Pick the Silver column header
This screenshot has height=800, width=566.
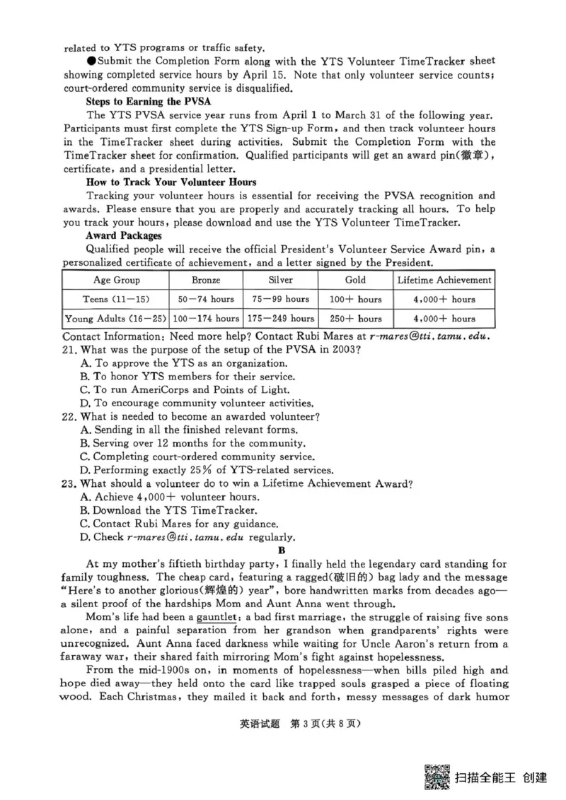(x=281, y=280)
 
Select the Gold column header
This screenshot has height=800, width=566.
(x=355, y=280)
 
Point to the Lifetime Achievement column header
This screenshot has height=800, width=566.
(x=444, y=280)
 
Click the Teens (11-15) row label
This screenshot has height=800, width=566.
(x=116, y=299)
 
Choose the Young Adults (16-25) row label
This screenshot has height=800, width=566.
(x=116, y=318)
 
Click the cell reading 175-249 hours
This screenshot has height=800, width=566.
(x=281, y=318)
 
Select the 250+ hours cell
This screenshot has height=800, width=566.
(x=355, y=318)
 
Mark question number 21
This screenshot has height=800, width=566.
(x=69, y=350)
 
